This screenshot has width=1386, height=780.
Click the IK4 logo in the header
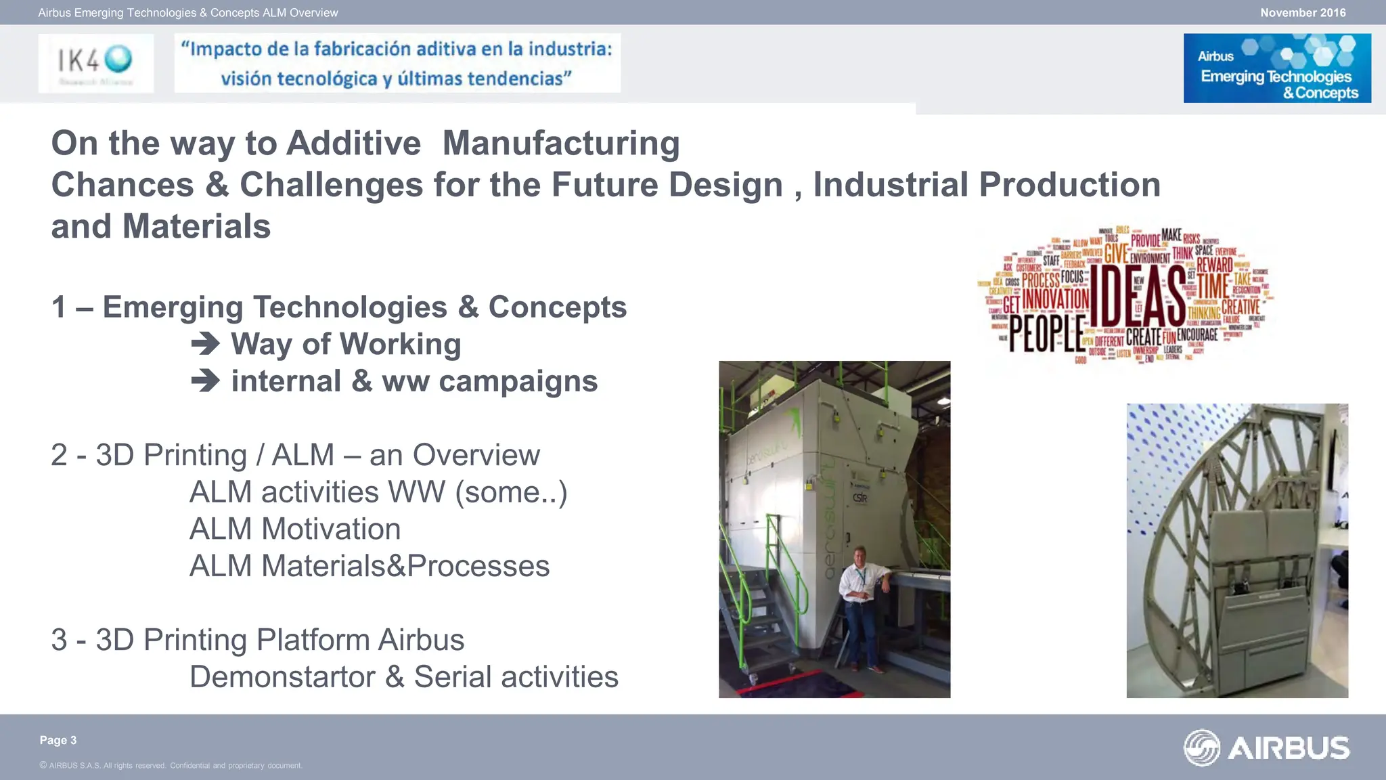(x=95, y=63)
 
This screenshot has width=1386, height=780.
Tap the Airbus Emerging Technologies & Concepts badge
(x=1277, y=68)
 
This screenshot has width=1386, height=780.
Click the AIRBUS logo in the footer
(x=1267, y=747)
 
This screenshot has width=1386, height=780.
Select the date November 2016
(x=1303, y=12)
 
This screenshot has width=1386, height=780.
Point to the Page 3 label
(x=58, y=740)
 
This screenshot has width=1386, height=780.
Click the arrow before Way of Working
(x=205, y=344)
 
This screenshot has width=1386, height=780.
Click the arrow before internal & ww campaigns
(x=205, y=381)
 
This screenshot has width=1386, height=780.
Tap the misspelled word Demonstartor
(x=282, y=676)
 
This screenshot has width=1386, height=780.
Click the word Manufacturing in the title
(x=561, y=143)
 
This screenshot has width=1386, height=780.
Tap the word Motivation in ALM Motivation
(x=331, y=529)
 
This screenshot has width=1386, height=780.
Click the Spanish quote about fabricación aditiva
(x=397, y=63)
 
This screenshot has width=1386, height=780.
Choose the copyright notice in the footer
(x=171, y=766)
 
